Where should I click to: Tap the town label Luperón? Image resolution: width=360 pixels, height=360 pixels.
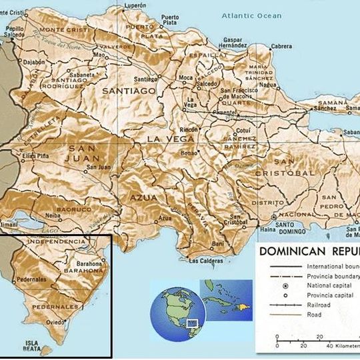pos(135,5)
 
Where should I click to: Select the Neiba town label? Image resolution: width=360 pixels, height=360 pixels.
pos(53,217)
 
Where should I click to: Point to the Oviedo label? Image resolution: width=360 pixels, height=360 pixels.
pos(56,321)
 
